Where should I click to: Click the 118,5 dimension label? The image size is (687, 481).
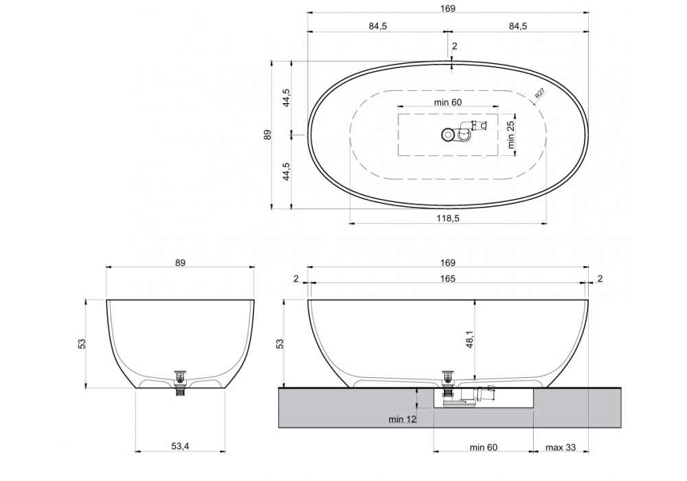pyautogui.click(x=448, y=218)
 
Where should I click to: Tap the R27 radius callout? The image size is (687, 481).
pyautogui.click(x=540, y=93)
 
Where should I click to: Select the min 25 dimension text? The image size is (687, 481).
pyautogui.click(x=511, y=135)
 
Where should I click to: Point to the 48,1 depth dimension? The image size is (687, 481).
pyautogui.click(x=470, y=339)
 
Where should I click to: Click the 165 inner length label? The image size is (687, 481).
pyautogui.click(x=448, y=278)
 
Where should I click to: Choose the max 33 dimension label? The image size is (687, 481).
pyautogui.click(x=561, y=447)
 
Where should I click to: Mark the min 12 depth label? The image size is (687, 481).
pyautogui.click(x=402, y=419)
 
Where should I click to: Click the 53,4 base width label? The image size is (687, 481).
pyautogui.click(x=180, y=447)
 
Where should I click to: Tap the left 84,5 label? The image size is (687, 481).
pyautogui.click(x=378, y=26)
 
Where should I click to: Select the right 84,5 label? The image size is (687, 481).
pyautogui.click(x=518, y=26)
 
